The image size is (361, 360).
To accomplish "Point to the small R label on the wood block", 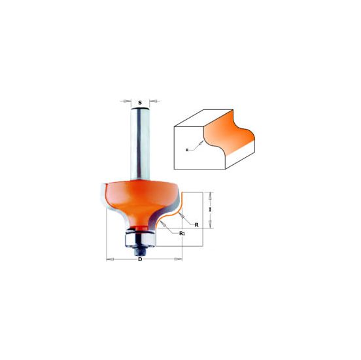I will tap(188, 150).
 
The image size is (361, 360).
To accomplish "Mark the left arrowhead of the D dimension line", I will tap(109, 260).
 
